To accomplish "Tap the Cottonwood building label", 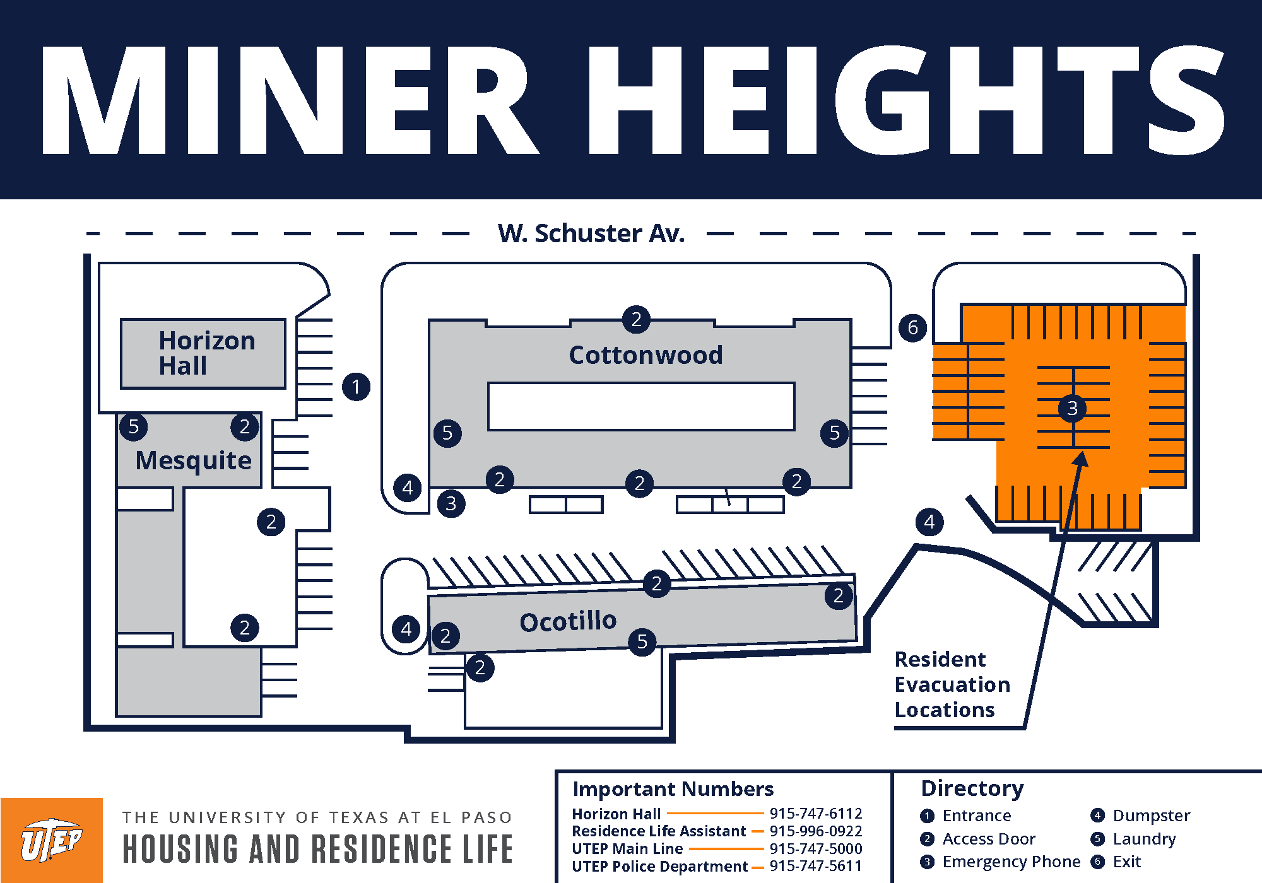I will (646, 355).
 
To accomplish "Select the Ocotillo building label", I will (568, 621).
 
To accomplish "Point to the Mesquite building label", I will (193, 460).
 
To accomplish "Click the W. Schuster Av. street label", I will (591, 233).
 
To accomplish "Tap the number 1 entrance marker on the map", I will (356, 387).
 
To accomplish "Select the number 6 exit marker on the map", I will (912, 327).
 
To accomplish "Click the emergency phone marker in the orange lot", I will (1071, 409).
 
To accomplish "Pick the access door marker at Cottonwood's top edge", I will (636, 320).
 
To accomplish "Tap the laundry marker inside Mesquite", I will (133, 427).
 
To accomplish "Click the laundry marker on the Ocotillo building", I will (642, 641).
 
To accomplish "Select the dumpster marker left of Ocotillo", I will (406, 629).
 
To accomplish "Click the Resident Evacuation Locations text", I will (952, 684).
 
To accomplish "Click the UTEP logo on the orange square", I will (51, 840).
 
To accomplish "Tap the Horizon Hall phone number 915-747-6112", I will (815, 814).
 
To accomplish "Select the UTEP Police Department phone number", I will (815, 866).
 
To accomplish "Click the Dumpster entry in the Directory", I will (1150, 816).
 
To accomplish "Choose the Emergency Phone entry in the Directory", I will (1010, 862).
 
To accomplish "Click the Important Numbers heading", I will (673, 789).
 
